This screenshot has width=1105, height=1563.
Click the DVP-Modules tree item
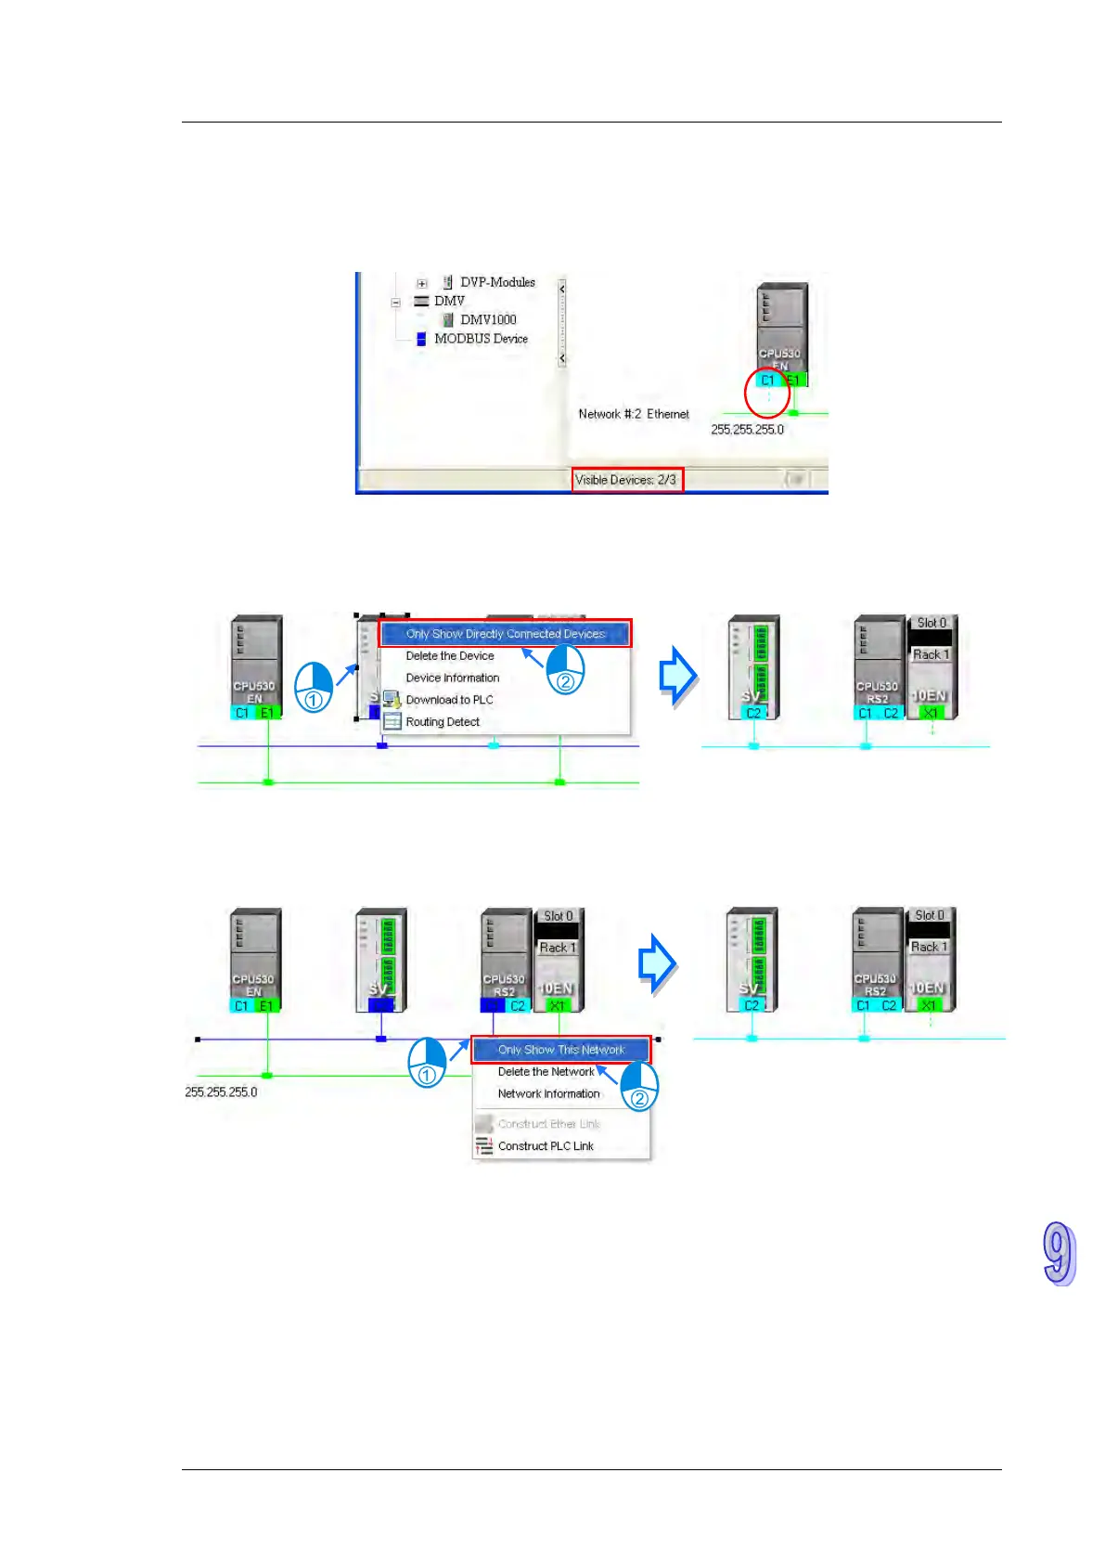497,282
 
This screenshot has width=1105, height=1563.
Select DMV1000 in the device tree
488,319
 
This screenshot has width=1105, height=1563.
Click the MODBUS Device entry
481,339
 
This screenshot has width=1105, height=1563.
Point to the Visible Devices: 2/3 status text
626,480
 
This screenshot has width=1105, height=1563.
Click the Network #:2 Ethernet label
634,414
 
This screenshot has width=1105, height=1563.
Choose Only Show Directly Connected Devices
505,634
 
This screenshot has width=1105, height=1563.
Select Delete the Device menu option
450,656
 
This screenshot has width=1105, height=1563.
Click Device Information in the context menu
453,678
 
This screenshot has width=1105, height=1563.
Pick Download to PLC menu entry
450,700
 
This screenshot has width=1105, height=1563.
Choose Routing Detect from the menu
443,722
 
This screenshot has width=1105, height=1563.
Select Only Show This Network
561,1050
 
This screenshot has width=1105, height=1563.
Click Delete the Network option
546,1072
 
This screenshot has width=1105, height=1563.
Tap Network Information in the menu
548,1094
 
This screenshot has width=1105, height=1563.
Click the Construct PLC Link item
546,1146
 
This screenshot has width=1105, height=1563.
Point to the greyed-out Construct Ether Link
548,1124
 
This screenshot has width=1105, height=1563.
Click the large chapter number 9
1059,1254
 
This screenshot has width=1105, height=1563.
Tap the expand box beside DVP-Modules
422,283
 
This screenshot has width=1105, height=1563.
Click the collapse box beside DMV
396,302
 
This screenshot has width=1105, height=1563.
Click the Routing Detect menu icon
392,722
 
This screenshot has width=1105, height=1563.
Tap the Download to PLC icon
392,700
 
